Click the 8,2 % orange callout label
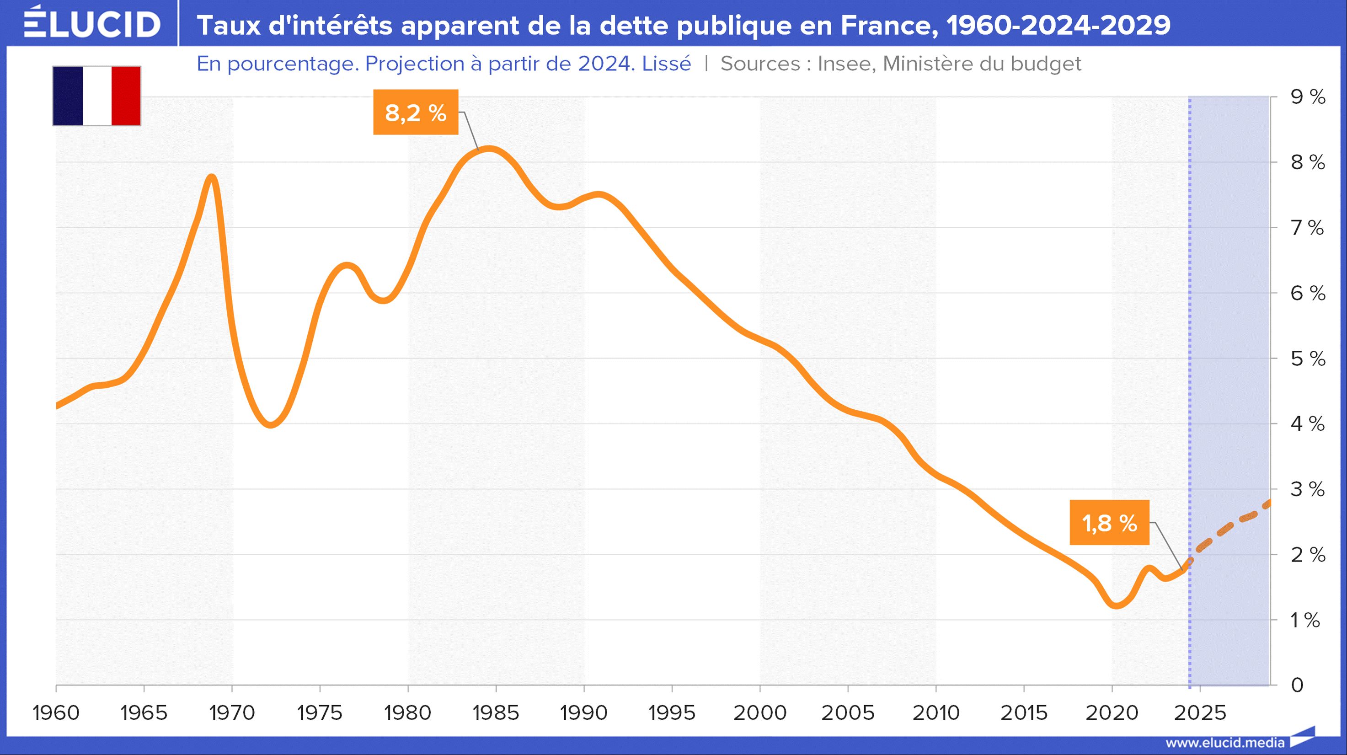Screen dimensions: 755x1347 [416, 112]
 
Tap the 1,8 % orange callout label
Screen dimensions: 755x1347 [1109, 523]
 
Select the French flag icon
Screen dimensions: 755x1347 [97, 96]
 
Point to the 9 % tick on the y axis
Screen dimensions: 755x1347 [1308, 97]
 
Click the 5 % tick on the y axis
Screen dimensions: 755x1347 [1308, 359]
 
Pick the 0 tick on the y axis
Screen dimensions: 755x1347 [1297, 685]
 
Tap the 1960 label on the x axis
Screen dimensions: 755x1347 [56, 712]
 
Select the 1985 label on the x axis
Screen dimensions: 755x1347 [496, 712]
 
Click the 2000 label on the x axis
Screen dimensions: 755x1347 [760, 712]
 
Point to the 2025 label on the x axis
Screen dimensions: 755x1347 [1199, 712]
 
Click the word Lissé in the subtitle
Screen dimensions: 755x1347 [666, 64]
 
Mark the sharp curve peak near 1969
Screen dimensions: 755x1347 [212, 178]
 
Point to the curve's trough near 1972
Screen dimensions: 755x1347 [270, 424]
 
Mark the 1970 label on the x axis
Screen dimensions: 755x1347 [232, 712]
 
